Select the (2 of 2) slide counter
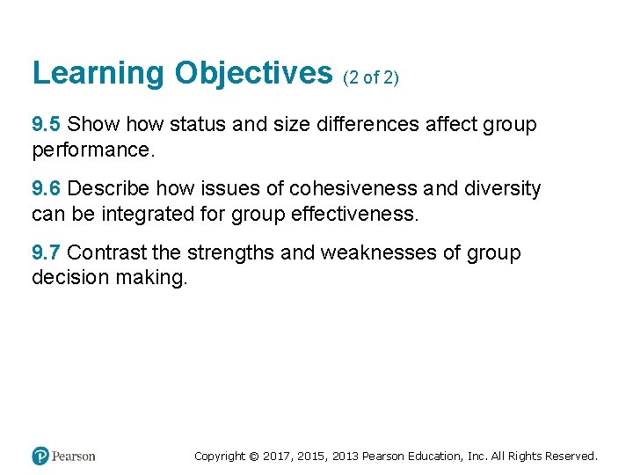coord(371,77)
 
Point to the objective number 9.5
coord(47,125)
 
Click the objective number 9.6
coord(47,189)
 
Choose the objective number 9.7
coord(47,253)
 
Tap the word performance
coord(92,150)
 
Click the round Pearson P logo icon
coord(40,456)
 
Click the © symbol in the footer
coord(253,456)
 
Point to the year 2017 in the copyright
coord(275,456)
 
